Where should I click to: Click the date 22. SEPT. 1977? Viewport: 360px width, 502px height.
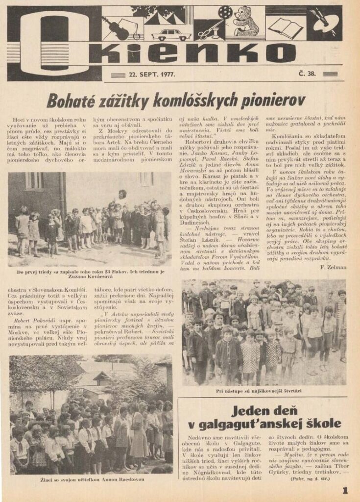click(x=152, y=75)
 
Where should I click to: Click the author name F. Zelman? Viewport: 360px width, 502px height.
click(x=333, y=267)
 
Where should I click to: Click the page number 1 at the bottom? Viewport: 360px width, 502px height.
click(x=345, y=490)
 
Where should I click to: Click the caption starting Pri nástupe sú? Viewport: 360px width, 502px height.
click(x=263, y=391)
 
